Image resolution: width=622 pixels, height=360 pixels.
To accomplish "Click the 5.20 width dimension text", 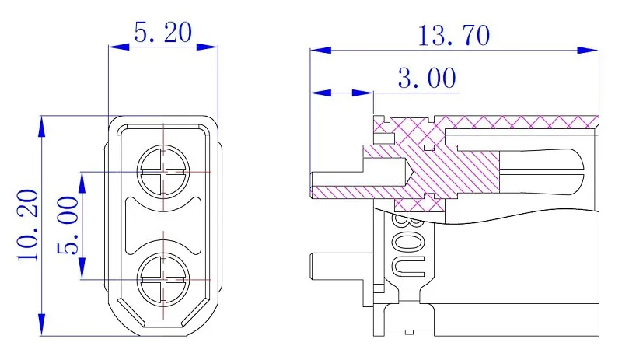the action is tap(162, 33).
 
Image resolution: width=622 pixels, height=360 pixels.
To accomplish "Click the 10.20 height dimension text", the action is tap(28, 225).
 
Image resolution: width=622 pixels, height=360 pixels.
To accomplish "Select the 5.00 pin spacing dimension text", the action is tap(68, 225).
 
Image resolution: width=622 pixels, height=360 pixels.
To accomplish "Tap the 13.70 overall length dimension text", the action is tap(454, 36).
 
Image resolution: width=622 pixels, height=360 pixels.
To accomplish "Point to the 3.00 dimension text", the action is tap(427, 79).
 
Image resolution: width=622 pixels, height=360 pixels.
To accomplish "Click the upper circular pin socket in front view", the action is tap(163, 172).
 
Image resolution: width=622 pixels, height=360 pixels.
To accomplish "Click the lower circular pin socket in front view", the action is tap(163, 279).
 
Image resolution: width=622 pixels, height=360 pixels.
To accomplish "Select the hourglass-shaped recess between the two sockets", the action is tap(163, 225).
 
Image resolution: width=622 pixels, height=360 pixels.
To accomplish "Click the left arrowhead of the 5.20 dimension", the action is tap(119, 47).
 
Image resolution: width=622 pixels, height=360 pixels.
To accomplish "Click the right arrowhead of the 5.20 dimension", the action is tap(207, 47).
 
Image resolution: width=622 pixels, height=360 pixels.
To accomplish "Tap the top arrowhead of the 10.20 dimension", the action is tap(42, 126).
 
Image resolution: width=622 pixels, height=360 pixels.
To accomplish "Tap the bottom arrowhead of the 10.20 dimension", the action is tap(42, 325).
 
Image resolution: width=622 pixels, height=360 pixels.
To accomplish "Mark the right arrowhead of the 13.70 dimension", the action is tap(588, 51).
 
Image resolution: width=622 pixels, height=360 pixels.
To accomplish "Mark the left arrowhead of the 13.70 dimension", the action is tap(320, 51).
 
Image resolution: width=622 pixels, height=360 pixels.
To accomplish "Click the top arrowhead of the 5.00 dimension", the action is tap(82, 183).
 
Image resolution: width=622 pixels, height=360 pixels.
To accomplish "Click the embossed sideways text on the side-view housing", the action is tap(408, 246).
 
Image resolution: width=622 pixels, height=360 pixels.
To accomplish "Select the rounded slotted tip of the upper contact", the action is tap(542, 172).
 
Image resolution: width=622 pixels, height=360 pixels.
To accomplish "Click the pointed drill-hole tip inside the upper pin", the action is tap(409, 172).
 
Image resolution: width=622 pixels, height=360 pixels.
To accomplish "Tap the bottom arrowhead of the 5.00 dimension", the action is tap(82, 268).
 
